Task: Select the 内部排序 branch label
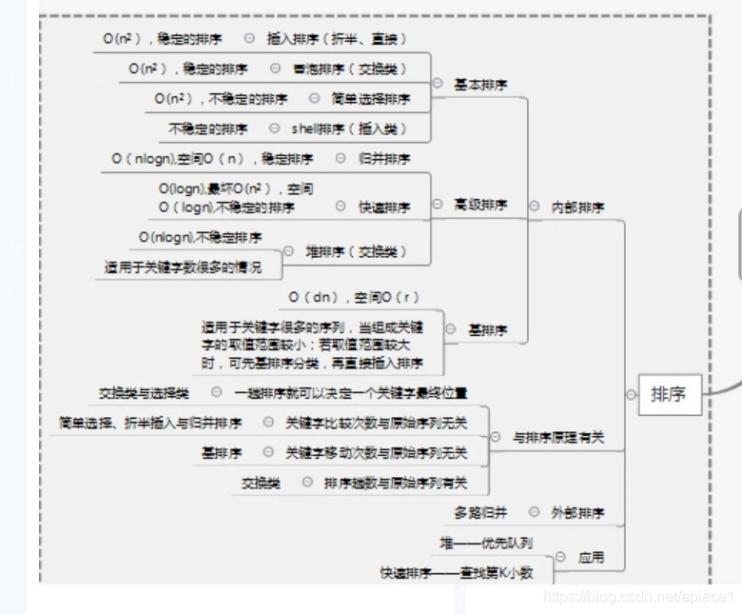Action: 577,207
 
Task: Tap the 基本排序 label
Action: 480,85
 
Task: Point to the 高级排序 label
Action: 480,205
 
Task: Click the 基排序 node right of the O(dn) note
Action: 488,330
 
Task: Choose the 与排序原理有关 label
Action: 558,438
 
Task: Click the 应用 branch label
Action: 591,557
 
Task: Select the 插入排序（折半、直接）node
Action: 337,39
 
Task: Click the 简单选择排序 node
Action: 371,99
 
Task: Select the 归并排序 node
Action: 384,159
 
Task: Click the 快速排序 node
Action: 384,207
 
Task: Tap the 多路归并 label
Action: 481,512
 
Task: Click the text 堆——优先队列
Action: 485,544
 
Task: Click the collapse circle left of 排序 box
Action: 631,394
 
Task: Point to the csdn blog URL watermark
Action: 637,597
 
